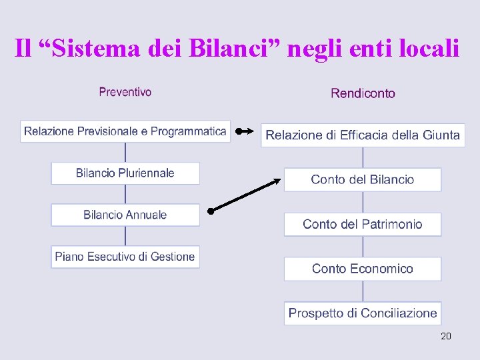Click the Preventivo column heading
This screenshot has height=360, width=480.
[125, 92]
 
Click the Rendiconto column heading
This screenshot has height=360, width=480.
[363, 93]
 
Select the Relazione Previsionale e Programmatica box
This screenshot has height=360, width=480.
[125, 131]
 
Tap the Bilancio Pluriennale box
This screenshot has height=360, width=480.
[125, 173]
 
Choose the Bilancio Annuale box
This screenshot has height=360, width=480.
[125, 215]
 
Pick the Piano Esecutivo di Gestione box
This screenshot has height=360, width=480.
[125, 256]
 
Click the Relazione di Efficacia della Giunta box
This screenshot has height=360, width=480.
[363, 135]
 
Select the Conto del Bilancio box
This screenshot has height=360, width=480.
[363, 179]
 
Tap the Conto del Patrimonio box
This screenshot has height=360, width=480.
[363, 224]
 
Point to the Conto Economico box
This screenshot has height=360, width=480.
[363, 269]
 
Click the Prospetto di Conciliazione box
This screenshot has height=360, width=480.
[363, 313]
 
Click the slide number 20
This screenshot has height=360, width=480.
[446, 336]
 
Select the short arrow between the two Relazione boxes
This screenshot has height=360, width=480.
[245, 131]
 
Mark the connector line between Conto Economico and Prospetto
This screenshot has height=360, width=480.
[363, 291]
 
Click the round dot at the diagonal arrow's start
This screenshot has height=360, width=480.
[209, 211]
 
